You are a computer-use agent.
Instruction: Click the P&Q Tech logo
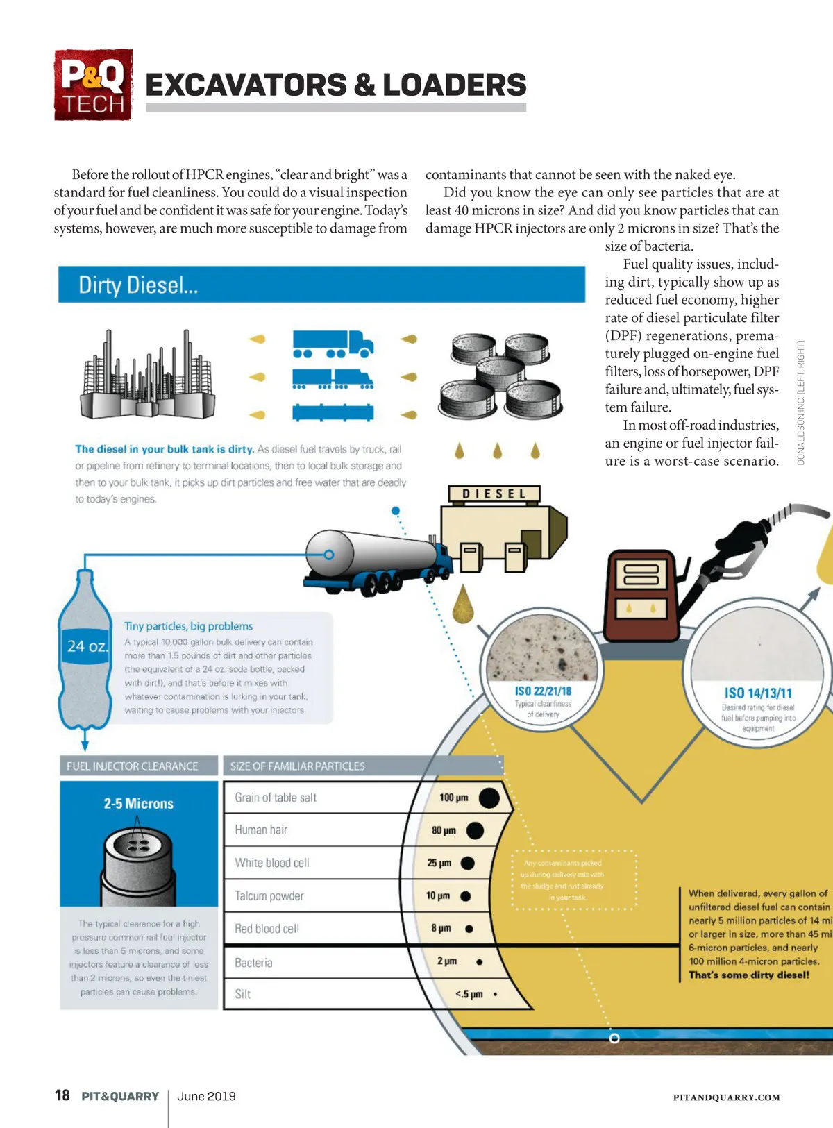click(x=93, y=85)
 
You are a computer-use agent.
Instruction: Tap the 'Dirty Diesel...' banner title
click(x=138, y=285)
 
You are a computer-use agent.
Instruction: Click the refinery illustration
click(x=146, y=377)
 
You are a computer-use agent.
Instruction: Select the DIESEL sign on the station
click(x=494, y=494)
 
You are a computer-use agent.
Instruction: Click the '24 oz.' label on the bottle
click(x=87, y=646)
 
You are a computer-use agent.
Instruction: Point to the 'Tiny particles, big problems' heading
click(x=188, y=626)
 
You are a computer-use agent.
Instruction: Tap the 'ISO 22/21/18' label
click(x=543, y=691)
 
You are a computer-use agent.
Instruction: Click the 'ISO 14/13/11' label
click(x=758, y=693)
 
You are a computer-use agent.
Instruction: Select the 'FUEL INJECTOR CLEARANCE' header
click(x=133, y=766)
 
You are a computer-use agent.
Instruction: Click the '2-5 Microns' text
click(x=139, y=804)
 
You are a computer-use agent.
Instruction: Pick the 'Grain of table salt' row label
click(x=276, y=798)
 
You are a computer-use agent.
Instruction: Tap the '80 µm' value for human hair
click(x=444, y=830)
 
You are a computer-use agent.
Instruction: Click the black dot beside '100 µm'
click(x=489, y=798)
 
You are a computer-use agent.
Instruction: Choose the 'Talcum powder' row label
click(x=269, y=896)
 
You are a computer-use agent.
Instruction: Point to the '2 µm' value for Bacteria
click(x=447, y=961)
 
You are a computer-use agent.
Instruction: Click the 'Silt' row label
click(x=243, y=994)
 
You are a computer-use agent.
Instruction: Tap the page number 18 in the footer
click(x=62, y=1095)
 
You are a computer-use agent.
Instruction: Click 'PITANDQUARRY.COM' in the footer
click(x=726, y=1097)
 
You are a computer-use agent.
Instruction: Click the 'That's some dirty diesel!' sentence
click(x=749, y=975)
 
